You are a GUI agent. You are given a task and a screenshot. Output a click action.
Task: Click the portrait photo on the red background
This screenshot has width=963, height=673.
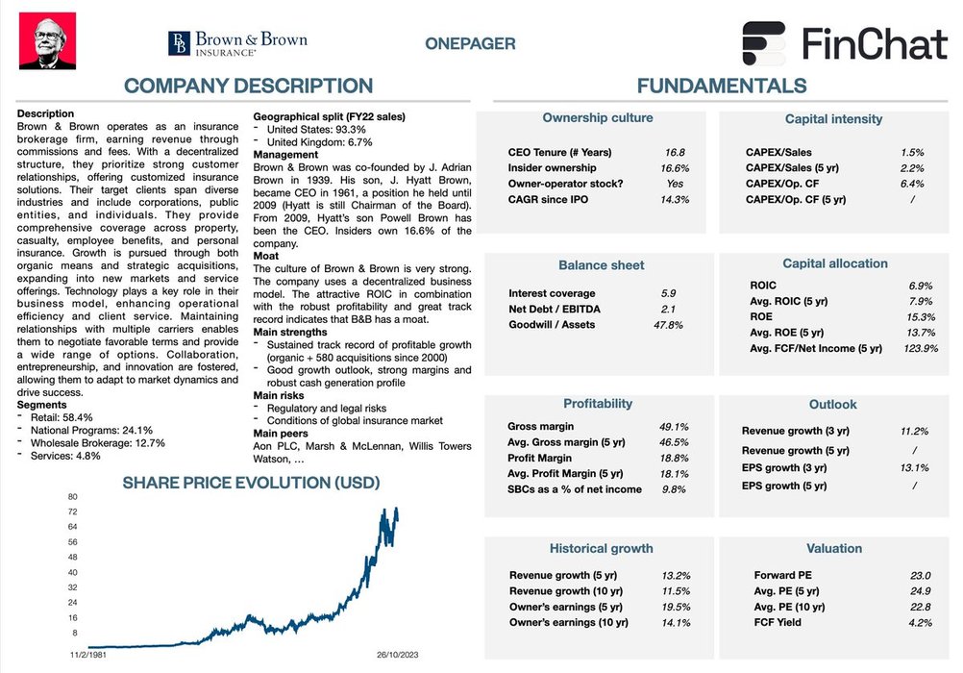[48, 40]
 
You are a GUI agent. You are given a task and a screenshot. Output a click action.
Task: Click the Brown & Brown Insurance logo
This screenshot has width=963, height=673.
[237, 43]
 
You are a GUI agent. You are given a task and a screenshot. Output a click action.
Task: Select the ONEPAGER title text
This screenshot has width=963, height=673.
[470, 43]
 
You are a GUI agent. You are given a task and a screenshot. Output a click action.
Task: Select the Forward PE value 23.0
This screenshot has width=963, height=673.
[920, 576]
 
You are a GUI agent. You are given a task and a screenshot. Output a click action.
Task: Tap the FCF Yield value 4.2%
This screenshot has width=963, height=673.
[920, 622]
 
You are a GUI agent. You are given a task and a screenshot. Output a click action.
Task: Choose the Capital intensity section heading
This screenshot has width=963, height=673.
[833, 119]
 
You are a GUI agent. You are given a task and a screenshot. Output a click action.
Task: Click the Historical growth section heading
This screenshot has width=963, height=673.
[601, 549]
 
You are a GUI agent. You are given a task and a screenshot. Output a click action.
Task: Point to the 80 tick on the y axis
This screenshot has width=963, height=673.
[72, 496]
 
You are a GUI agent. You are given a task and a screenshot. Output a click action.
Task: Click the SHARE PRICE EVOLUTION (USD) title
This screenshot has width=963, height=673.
[251, 482]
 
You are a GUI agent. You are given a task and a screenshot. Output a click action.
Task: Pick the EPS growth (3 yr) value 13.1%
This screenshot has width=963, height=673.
[915, 468]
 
